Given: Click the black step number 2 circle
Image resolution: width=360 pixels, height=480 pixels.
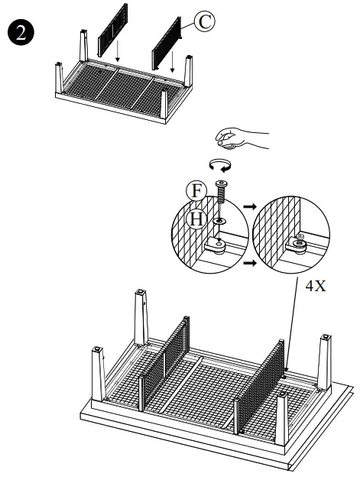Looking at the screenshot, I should [18, 34].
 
